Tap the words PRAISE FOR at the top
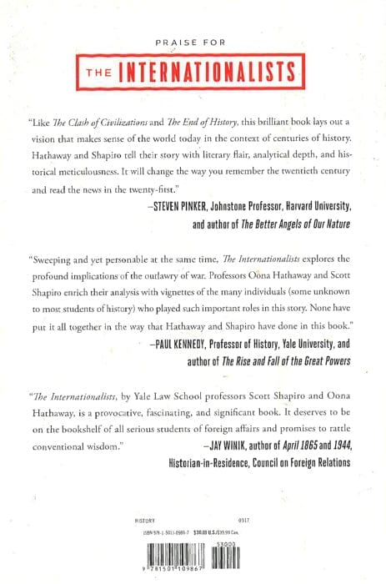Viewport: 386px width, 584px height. click(x=193, y=40)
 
